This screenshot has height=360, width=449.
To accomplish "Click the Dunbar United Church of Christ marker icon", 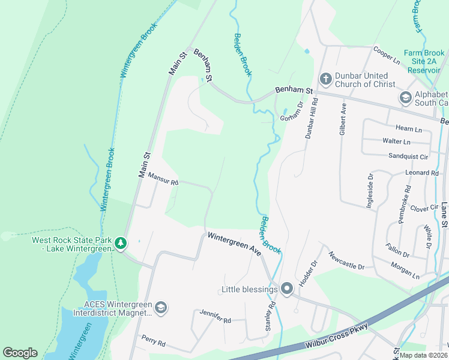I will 325,79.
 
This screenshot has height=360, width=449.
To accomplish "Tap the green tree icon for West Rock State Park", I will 121,243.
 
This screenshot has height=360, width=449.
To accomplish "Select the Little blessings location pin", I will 287,289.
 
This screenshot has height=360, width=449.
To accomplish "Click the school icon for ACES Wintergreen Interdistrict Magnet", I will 160,308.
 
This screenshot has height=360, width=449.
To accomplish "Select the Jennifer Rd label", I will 216,317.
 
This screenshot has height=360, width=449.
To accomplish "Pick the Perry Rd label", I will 153,340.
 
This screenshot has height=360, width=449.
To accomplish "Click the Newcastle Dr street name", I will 346,260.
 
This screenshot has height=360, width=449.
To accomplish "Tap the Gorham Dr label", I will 292,109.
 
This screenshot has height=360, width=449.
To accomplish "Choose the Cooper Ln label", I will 387,55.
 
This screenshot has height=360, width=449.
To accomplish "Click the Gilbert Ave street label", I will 343,119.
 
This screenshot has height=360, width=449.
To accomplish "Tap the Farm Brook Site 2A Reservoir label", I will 426,61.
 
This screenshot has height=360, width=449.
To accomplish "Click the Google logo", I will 20,353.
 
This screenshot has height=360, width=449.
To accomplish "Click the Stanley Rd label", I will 271,316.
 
